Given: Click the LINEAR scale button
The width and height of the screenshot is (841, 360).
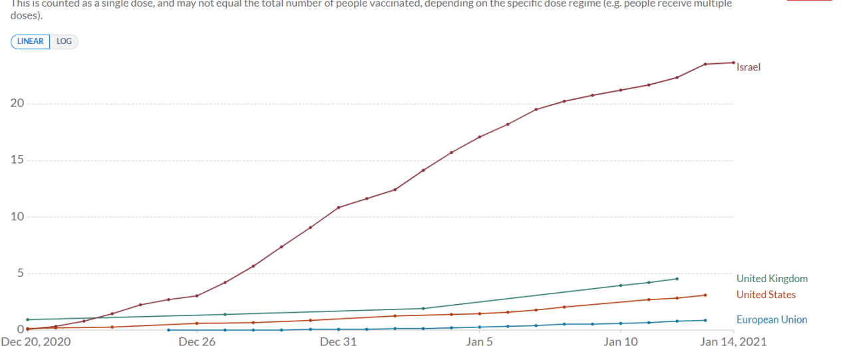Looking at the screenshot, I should pyautogui.click(x=31, y=41).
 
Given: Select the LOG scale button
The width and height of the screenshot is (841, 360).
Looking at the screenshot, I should pyautogui.click(x=64, y=41).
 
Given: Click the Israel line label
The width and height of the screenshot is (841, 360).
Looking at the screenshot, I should pyautogui.click(x=749, y=67).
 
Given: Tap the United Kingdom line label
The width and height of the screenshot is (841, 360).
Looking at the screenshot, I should pyautogui.click(x=772, y=279).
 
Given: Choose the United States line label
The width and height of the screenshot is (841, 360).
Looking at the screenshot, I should pyautogui.click(x=766, y=295).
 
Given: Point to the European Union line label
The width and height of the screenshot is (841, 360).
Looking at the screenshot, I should pyautogui.click(x=772, y=320).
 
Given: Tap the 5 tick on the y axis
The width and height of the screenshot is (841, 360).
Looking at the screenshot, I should pyautogui.click(x=19, y=273).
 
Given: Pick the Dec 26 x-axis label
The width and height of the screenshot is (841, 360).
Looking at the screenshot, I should pyautogui.click(x=198, y=342).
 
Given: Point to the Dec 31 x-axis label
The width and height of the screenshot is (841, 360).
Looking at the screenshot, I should pyautogui.click(x=339, y=342).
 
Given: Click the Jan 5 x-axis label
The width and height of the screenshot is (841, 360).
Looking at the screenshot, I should pyautogui.click(x=480, y=342).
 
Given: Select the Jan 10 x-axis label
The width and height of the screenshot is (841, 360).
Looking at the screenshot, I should pyautogui.click(x=621, y=342).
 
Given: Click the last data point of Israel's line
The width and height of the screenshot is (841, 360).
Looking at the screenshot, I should pyautogui.click(x=733, y=63).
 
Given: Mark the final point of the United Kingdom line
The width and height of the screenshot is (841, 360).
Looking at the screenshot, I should pyautogui.click(x=677, y=279).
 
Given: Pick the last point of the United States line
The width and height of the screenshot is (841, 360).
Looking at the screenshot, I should pyautogui.click(x=705, y=295).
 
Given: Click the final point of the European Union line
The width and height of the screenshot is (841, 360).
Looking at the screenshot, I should pyautogui.click(x=705, y=320).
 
